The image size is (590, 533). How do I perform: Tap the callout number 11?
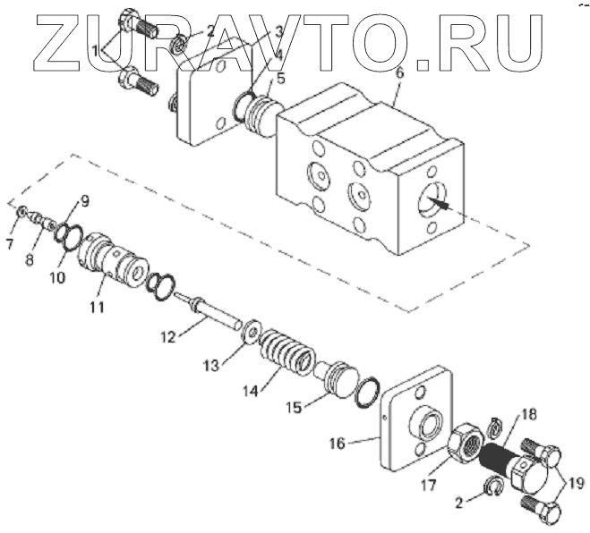tap(96, 307)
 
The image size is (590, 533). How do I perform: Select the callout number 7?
tap(11, 243)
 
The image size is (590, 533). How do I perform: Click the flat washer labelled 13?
tap(252, 333)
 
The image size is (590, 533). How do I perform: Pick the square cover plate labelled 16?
tap(415, 420)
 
